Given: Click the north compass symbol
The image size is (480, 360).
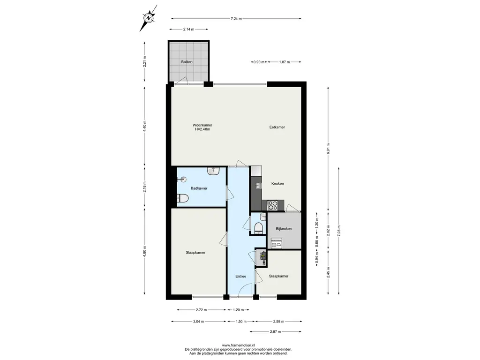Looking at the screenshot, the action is point(149,18).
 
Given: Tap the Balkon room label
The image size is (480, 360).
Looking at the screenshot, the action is point(187,62).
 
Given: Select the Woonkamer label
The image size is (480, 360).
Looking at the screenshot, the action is point(202,125).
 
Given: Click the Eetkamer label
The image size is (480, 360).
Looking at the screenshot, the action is point(277,127).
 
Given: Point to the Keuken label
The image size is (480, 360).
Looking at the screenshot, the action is point(277,184).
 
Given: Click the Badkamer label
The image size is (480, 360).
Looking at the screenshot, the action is point(199,188).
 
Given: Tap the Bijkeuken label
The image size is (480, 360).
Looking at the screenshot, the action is point(284,229).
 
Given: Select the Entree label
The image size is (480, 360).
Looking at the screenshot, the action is point(240,276).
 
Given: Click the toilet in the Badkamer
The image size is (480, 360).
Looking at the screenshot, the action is point(182,199).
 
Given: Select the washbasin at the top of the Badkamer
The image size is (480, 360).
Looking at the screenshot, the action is point(213,171).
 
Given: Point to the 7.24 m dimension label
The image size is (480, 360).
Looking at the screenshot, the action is point(236,19).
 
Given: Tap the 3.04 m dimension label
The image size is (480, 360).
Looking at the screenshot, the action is point(198,322).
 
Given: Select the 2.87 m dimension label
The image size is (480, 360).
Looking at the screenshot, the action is point(275,331).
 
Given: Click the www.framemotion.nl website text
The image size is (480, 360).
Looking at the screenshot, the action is point(238,345).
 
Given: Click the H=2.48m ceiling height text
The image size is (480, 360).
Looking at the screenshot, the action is point(202,129).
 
